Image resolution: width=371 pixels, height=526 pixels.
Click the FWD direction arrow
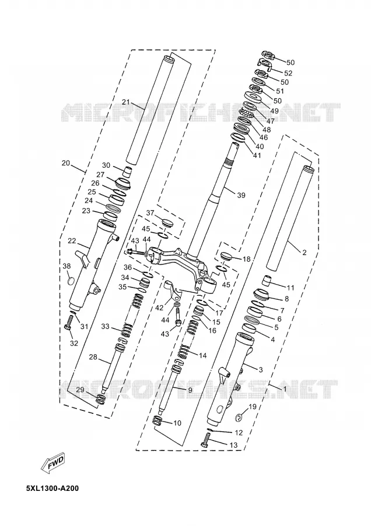(52, 463)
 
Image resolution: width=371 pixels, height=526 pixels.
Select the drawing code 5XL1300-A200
(52, 489)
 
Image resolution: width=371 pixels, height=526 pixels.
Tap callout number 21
(126, 102)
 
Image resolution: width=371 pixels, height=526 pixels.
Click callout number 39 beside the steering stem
(241, 195)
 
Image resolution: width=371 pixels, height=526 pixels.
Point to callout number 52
(288, 73)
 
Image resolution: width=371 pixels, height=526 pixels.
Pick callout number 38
(66, 266)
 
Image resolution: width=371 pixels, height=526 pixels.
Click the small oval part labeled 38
(71, 281)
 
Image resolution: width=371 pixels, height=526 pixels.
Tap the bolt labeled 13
(205, 440)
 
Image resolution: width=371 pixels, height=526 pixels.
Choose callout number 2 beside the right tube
(304, 253)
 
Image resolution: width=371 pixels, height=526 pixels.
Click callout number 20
(66, 164)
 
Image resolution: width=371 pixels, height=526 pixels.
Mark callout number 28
(93, 357)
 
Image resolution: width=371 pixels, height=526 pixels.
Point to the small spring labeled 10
(157, 420)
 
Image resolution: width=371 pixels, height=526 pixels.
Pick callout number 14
(202, 356)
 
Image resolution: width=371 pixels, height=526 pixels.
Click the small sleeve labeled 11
(267, 280)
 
